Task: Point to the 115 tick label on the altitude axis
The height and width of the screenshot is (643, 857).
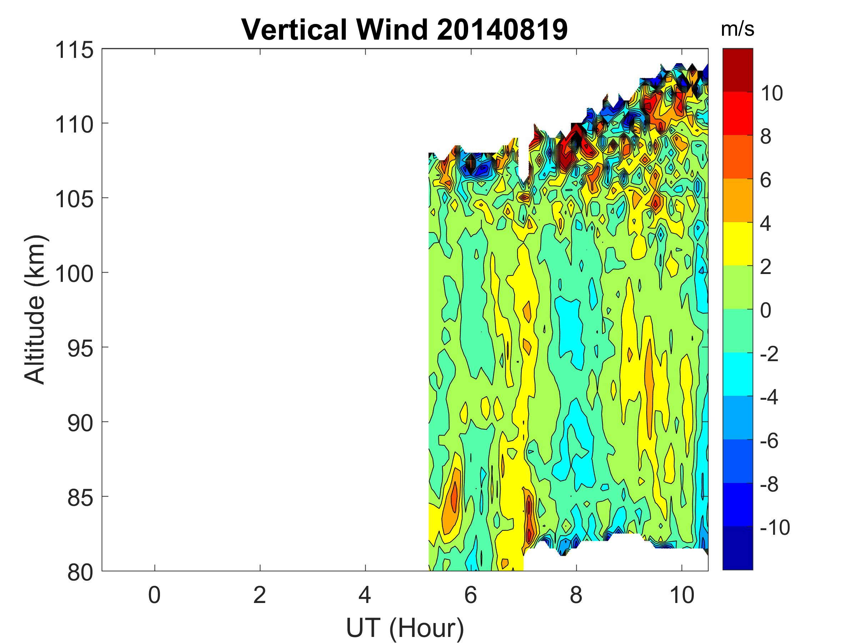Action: [x=74, y=50]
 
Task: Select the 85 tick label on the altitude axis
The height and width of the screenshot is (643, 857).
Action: [x=81, y=498]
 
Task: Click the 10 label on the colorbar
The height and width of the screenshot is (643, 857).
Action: [x=772, y=93]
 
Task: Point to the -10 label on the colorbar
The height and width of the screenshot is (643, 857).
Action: [x=775, y=528]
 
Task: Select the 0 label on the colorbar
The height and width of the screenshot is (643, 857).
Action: [x=766, y=310]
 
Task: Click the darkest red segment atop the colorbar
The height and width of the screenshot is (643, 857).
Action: [x=737, y=70]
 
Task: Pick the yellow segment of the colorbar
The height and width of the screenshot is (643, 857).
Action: [x=737, y=244]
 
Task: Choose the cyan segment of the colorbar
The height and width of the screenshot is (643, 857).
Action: [x=737, y=374]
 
